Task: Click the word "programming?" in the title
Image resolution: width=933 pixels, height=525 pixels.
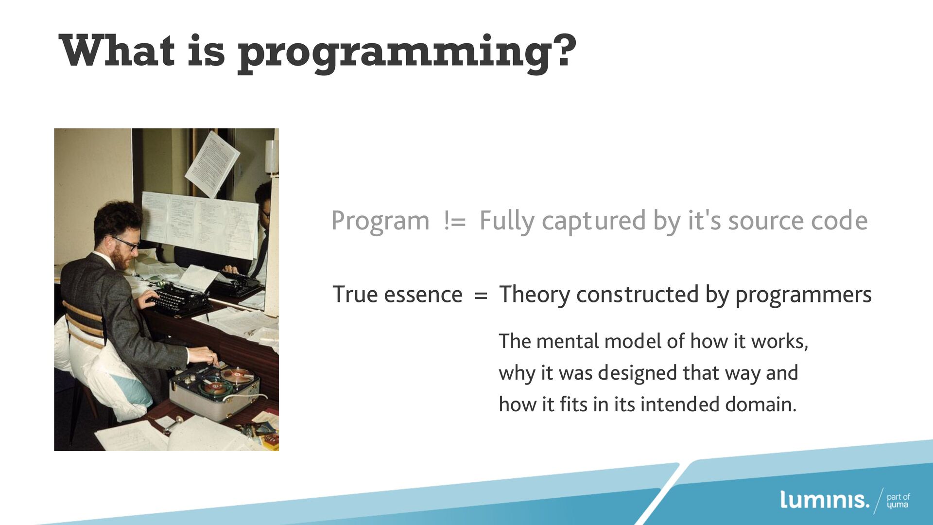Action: tap(407, 53)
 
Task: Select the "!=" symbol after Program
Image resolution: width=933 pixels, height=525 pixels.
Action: tap(455, 222)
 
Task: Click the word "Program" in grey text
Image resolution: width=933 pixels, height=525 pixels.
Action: tap(380, 222)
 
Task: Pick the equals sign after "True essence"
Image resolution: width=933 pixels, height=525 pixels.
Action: tap(481, 296)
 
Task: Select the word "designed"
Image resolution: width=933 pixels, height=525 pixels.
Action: tap(638, 373)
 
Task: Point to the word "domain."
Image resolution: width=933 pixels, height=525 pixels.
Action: tap(761, 404)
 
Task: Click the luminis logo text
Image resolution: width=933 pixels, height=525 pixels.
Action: tap(824, 500)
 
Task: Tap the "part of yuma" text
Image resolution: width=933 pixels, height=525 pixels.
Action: tap(898, 501)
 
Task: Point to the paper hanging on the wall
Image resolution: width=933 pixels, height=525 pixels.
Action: tap(212, 164)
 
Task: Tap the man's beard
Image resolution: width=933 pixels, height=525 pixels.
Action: tap(121, 258)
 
